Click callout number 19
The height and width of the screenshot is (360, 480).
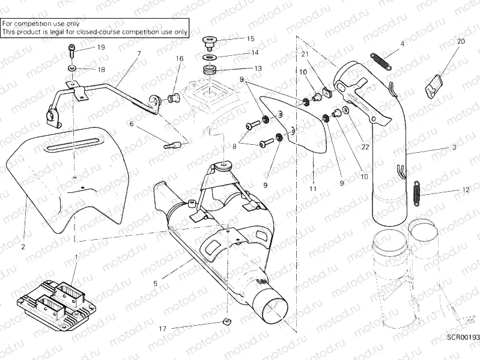pos(100,47)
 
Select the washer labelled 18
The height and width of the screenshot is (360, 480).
pos(71,68)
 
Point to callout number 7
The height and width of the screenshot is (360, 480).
pos(139,54)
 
